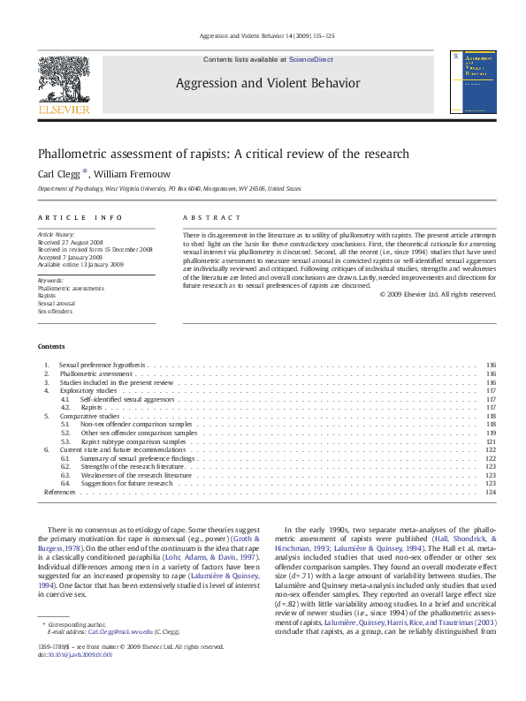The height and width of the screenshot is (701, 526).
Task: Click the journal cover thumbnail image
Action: [466, 81]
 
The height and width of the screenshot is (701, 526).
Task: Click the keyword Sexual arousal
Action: [55, 304]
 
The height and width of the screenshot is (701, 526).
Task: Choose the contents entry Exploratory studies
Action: [88, 390]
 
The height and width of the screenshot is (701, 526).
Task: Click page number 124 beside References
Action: [491, 492]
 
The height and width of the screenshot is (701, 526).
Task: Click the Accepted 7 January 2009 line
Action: [70, 257]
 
